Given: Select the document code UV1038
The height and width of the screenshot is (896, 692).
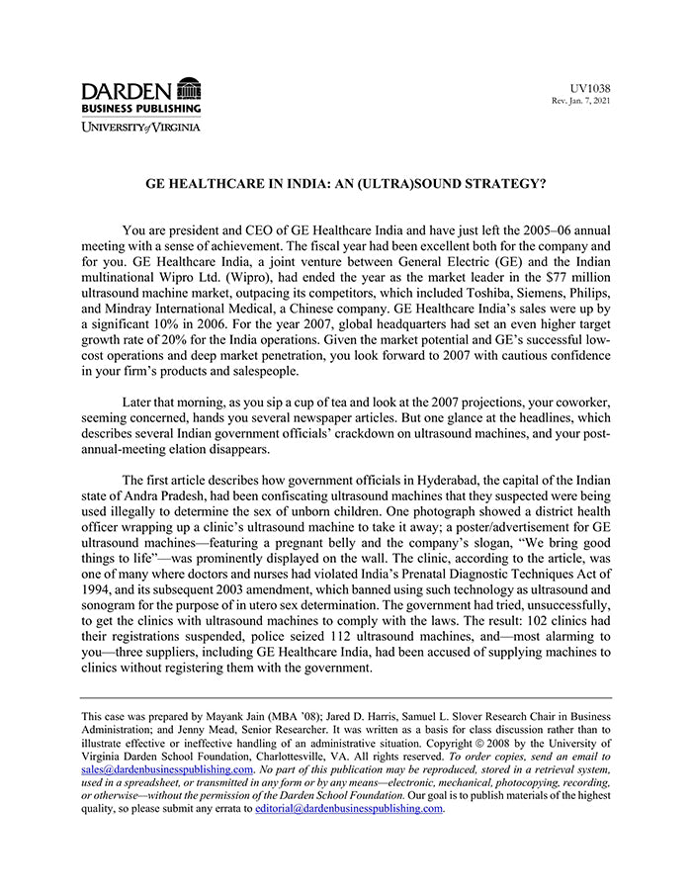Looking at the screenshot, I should point(592,89).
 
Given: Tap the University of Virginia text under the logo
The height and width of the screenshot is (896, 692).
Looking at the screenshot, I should point(140,128).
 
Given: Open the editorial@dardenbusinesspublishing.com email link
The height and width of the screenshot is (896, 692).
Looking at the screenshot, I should point(349,808).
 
